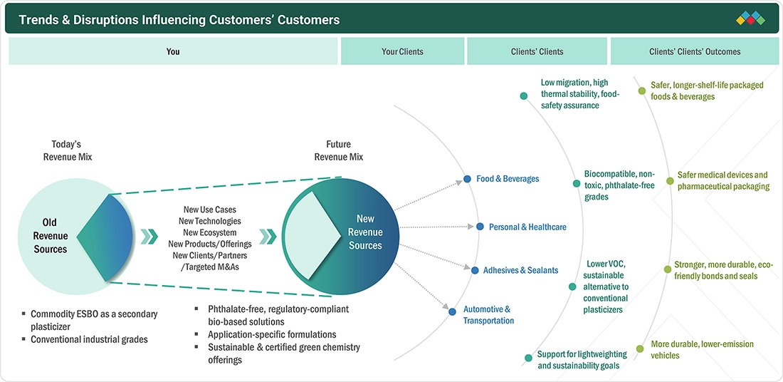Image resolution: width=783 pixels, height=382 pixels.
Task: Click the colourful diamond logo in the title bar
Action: click(750, 19)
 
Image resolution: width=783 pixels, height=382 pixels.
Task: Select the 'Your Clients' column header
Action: click(402, 51)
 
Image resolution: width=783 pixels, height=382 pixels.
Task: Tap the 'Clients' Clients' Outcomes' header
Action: click(695, 51)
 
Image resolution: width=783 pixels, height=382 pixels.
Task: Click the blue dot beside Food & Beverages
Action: click(468, 179)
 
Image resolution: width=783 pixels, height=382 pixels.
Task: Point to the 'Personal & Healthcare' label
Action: click(527, 227)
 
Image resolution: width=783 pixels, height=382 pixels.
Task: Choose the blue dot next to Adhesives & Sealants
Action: click(474, 271)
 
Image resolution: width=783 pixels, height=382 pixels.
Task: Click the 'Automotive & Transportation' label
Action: click(488, 315)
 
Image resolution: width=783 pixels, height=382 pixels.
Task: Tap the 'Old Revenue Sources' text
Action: click(51, 235)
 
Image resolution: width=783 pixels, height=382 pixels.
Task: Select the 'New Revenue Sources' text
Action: click(366, 232)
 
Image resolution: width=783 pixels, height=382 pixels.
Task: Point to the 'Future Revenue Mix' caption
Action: click(339, 150)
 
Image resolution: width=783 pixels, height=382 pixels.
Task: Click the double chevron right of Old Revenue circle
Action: click(149, 236)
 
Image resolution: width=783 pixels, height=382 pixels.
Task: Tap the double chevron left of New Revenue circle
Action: click(268, 236)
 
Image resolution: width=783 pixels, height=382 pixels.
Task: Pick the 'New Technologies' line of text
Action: click(210, 221)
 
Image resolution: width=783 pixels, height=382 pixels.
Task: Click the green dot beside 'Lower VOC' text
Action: click(573, 287)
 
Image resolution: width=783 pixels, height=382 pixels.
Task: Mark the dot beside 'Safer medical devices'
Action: click(667, 175)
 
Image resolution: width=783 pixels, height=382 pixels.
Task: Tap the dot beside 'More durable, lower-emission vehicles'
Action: click(640, 349)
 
